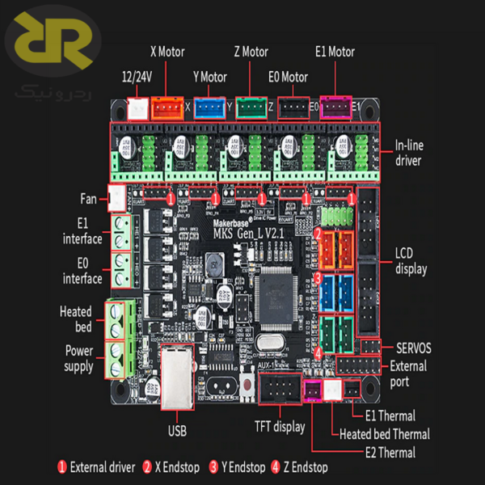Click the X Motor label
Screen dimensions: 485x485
click(x=167, y=52)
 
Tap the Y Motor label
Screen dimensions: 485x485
click(x=209, y=78)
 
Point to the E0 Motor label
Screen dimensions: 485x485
click(x=289, y=78)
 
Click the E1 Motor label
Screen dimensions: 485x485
click(x=335, y=52)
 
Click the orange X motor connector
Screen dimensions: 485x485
click(x=169, y=106)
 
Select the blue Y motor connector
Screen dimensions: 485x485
click(x=209, y=107)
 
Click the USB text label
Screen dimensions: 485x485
click(x=177, y=430)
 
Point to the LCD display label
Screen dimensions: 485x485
click(x=411, y=261)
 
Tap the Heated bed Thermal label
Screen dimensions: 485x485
click(x=384, y=434)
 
